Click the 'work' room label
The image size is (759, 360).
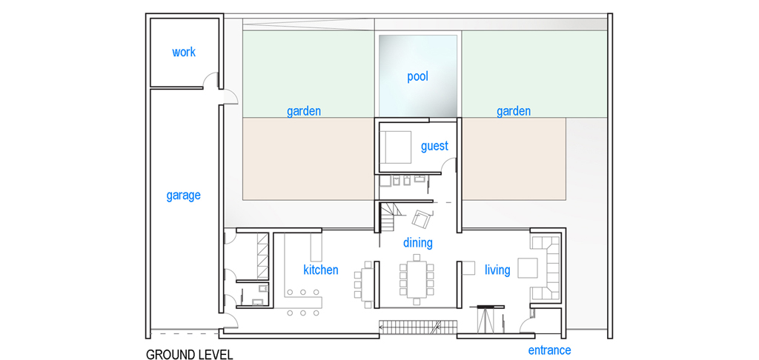pos(184,52)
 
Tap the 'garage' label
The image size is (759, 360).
pos(184,196)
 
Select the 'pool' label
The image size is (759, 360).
pos(418,76)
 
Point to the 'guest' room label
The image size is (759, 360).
pos(434,146)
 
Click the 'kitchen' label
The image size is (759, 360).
pos(320,270)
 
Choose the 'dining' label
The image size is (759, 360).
pos(418,242)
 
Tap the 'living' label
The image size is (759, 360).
pos(497,270)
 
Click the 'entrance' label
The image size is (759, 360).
pos(549,350)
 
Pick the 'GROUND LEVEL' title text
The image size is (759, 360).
pos(189,354)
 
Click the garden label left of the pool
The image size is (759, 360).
pos(304,111)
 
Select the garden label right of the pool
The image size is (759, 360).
pos(514,111)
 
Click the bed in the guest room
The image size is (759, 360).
pos(396,147)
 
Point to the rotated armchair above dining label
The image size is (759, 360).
pos(421,219)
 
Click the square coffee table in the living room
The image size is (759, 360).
pos(528,268)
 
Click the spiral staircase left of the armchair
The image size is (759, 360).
pos(388,218)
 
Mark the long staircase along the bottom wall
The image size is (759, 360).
pos(417,327)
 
